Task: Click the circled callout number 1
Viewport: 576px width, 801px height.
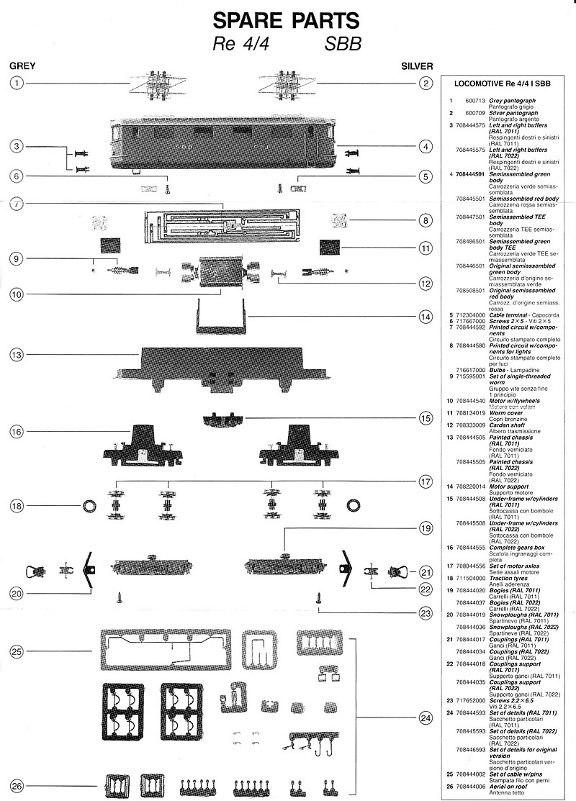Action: click(17, 83)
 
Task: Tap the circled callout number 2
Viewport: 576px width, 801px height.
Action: click(426, 83)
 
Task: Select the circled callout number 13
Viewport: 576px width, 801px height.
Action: click(17, 355)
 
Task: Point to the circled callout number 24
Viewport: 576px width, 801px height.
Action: click(426, 718)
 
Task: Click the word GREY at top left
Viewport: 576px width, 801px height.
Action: click(22, 65)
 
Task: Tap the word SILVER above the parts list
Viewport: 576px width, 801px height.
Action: click(416, 65)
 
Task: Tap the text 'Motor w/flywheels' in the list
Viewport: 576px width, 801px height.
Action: click(514, 400)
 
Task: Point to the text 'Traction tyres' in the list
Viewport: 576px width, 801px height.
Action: click(511, 578)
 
